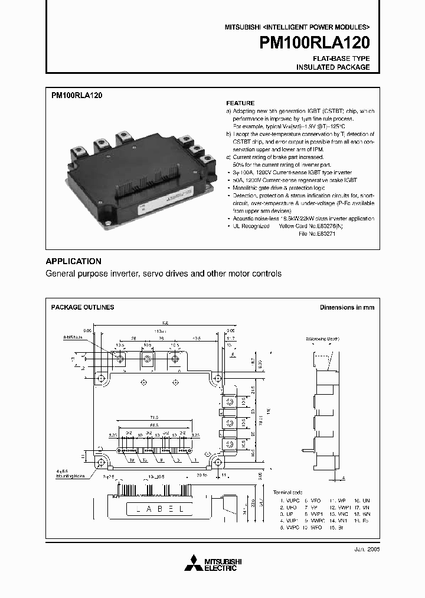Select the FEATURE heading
[x=240, y=103]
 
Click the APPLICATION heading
[x=74, y=261]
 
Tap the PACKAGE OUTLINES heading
[x=83, y=307]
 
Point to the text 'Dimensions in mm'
[x=346, y=307]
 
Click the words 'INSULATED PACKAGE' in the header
[x=333, y=67]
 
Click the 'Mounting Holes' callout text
[x=71, y=475]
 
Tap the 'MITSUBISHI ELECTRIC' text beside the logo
[x=220, y=564]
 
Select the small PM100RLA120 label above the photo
[x=77, y=95]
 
